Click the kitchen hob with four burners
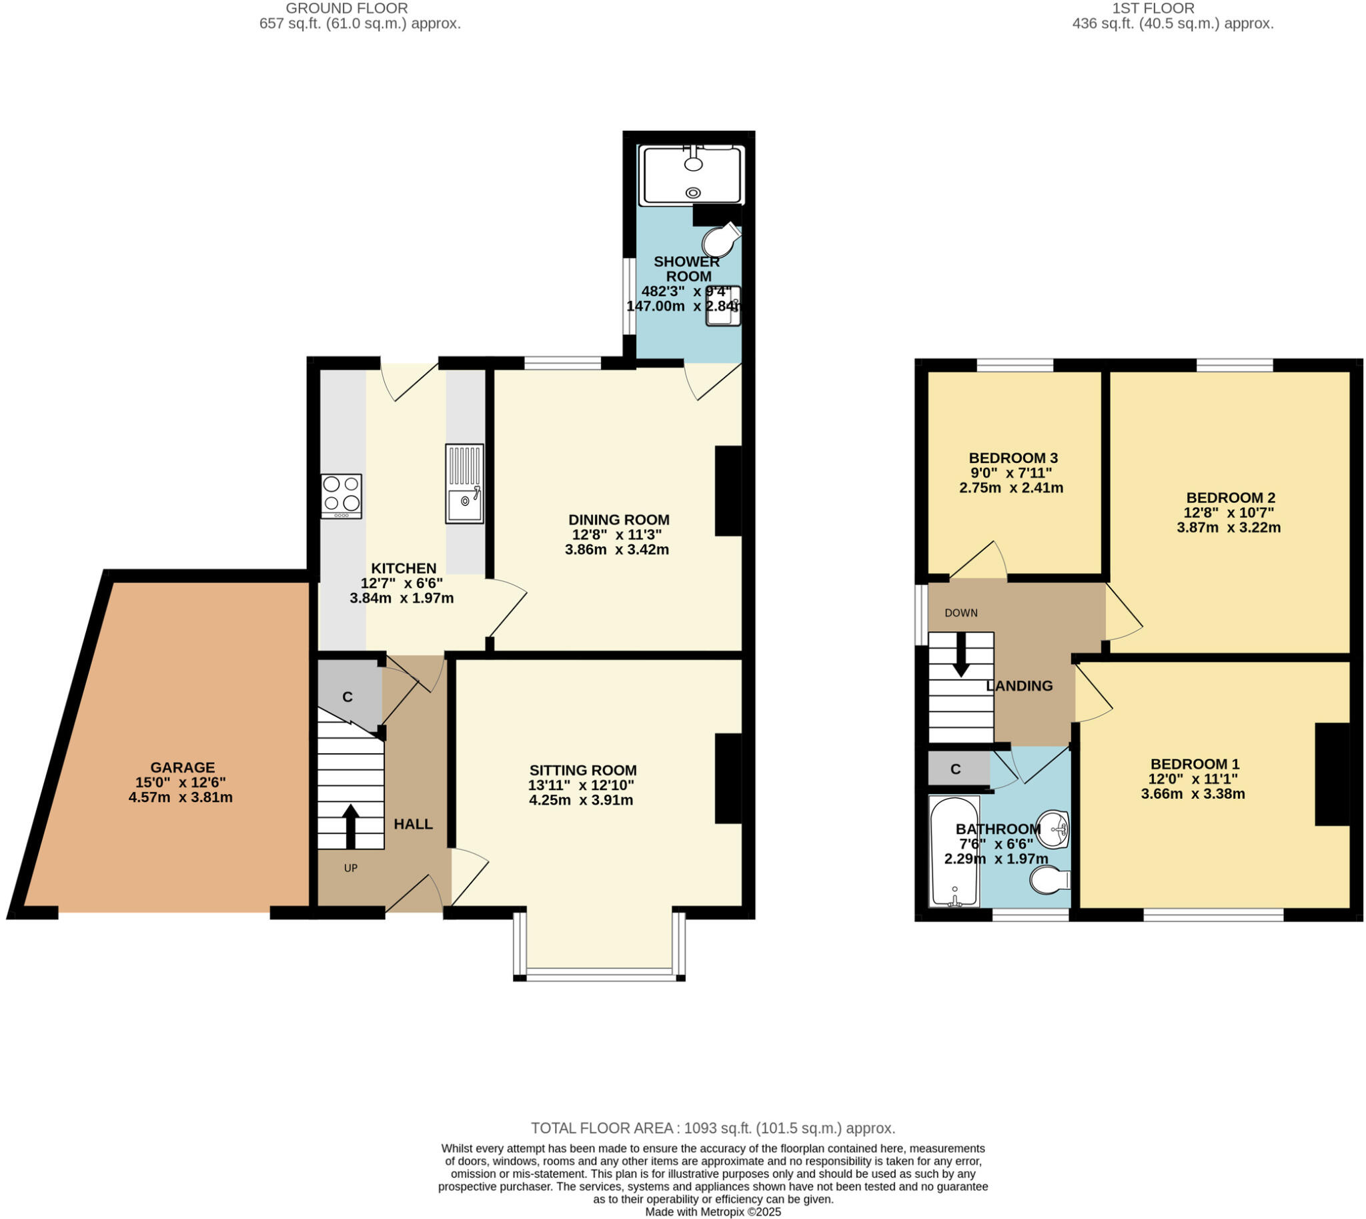tap(341, 496)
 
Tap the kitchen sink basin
tap(464, 504)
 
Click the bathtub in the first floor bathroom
tap(954, 851)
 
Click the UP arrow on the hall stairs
tap(350, 825)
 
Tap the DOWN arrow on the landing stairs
tap(961, 655)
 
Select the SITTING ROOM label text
tap(582, 770)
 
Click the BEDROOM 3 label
tap(1013, 458)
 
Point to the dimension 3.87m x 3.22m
tap(1229, 527)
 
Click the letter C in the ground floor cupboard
tap(348, 697)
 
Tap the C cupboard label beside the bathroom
tap(956, 769)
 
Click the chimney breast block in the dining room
tap(728, 491)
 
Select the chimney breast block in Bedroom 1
tap(1333, 774)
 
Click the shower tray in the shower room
tap(692, 175)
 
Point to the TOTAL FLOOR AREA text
tap(713, 1128)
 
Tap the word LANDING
tap(1019, 686)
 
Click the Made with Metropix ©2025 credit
tap(713, 1212)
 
